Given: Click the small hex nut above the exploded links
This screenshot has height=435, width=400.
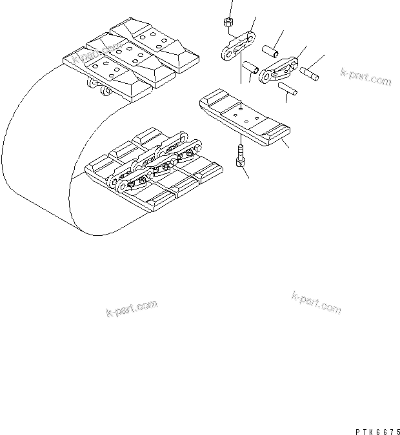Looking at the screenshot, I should point(228,23).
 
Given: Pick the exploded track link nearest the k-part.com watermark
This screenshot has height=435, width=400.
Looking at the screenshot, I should point(278,72).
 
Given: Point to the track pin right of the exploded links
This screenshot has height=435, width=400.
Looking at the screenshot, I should point(310,73).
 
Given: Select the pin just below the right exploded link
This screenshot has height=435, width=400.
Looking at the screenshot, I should point(287,89).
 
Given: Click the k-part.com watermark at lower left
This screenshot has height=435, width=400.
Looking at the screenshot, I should point(131,308).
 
